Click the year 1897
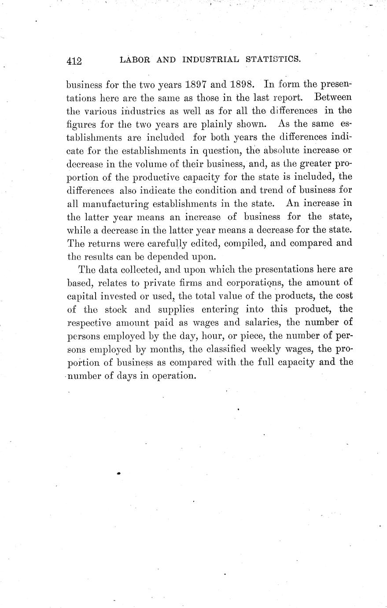185,83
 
